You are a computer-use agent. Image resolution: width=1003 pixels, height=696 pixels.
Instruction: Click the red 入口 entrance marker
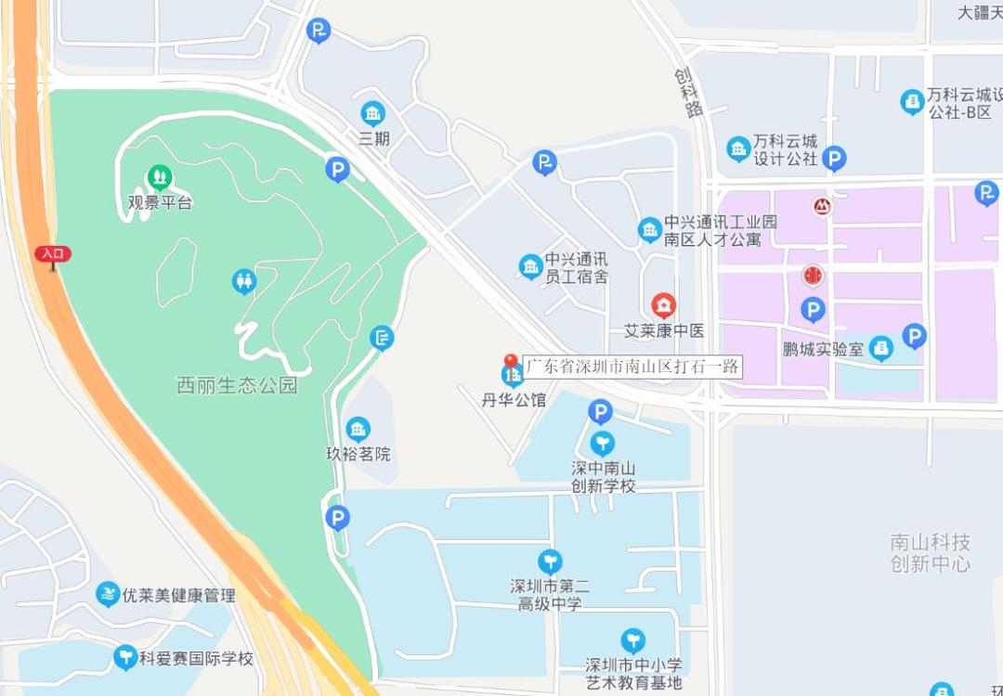pos(53,253)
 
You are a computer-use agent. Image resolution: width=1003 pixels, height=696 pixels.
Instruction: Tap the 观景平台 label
pos(160,202)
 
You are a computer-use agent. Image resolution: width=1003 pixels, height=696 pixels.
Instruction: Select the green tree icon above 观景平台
pos(160,176)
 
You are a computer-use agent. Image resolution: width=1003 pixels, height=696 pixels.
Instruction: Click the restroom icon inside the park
pos(243,279)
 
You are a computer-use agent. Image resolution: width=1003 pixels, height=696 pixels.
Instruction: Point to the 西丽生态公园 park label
pos(237,384)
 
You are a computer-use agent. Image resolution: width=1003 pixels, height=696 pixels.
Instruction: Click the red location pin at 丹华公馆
pos(510,362)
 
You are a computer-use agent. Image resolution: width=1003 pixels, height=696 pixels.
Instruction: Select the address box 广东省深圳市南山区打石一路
pos(632,367)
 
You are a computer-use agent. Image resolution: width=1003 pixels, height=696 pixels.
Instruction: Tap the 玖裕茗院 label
pos(358,454)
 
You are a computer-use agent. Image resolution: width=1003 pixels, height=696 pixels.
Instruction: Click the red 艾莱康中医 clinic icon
pos(663,304)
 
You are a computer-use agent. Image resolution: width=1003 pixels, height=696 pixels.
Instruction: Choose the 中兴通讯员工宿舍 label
pos(576,267)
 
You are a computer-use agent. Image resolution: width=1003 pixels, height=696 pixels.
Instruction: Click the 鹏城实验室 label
pos(823,350)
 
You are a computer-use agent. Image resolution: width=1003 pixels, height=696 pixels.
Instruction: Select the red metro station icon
pos(822,206)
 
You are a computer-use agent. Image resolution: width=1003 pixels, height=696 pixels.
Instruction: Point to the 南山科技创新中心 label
pos(930,552)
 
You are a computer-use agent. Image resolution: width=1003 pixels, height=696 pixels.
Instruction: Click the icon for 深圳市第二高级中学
pos(550,561)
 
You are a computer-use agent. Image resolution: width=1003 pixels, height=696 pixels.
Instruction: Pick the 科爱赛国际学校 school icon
pos(125,658)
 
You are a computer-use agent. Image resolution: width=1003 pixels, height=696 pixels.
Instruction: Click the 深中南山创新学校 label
pos(603,477)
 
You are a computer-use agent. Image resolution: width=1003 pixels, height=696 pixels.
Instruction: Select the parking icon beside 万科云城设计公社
pos(835,159)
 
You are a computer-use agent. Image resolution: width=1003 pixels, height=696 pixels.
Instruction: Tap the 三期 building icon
pos(373,114)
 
